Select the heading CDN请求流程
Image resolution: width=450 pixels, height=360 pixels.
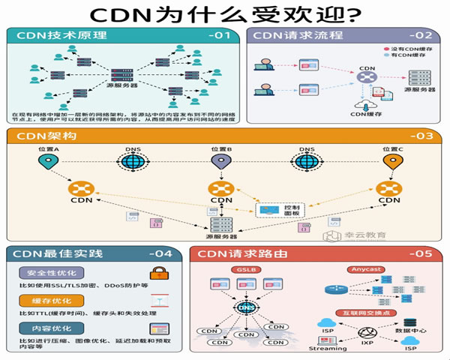tap(289, 35)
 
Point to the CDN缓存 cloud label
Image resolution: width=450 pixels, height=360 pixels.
tap(367, 115)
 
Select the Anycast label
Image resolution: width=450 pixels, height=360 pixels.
tap(365, 269)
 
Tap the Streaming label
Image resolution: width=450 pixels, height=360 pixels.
tap(328, 349)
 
